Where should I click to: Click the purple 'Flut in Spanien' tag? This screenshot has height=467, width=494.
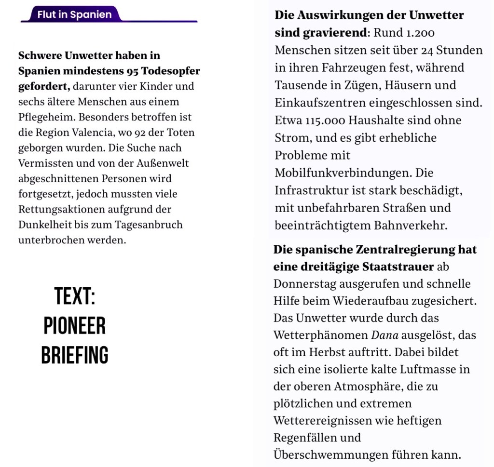pos(74,14)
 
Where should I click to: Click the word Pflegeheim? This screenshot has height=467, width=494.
pos(46,117)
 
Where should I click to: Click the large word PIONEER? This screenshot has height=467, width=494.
pos(74,326)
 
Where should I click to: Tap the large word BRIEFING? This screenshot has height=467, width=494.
pos(74,355)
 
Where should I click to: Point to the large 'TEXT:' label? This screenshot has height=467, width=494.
pos(74,296)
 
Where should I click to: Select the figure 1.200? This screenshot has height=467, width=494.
pos(417,33)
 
